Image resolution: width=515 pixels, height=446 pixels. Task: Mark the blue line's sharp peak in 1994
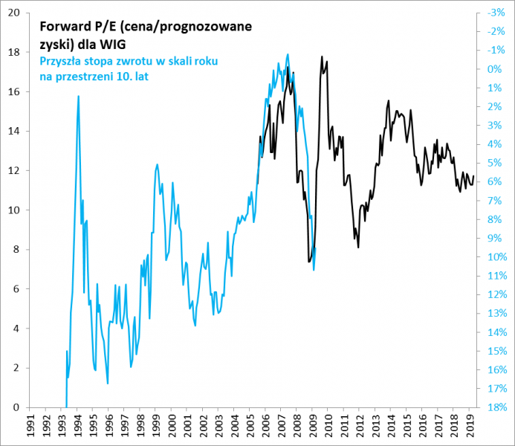coord(79,96)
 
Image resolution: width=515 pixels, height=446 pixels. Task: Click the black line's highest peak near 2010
coord(322,56)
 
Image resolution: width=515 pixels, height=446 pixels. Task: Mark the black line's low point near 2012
coord(358,247)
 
